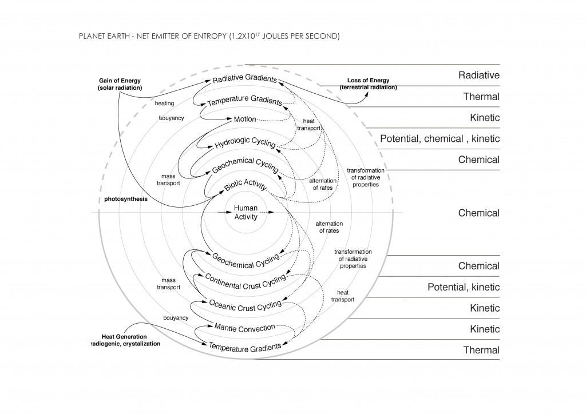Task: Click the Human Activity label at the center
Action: (246, 213)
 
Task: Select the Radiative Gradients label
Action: (244, 79)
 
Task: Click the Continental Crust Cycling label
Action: (245, 282)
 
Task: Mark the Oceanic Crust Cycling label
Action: (245, 304)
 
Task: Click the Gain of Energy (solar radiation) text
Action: (120, 84)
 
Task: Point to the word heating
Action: (164, 103)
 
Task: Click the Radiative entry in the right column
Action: (479, 75)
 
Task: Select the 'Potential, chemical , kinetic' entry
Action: (439, 139)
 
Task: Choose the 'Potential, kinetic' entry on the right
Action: (464, 287)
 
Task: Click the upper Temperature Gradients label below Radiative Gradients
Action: (245, 102)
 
